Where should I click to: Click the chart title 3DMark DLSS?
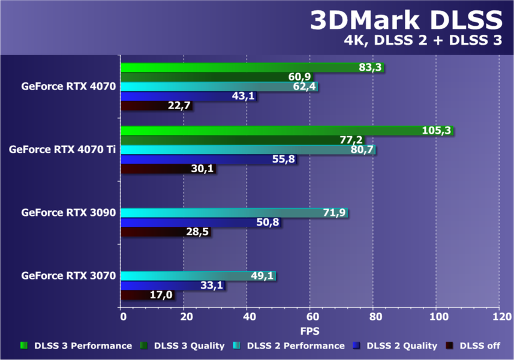[x=405, y=22]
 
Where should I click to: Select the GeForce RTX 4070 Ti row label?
[x=62, y=149]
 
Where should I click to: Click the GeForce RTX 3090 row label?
[x=68, y=212]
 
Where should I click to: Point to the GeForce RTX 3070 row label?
[x=68, y=276]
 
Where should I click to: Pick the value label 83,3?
[x=371, y=68]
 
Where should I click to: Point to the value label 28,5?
[x=197, y=232]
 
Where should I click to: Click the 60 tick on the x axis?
[x=311, y=316]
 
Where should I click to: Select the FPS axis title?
[x=310, y=331]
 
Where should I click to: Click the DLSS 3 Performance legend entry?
[x=77, y=346]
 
